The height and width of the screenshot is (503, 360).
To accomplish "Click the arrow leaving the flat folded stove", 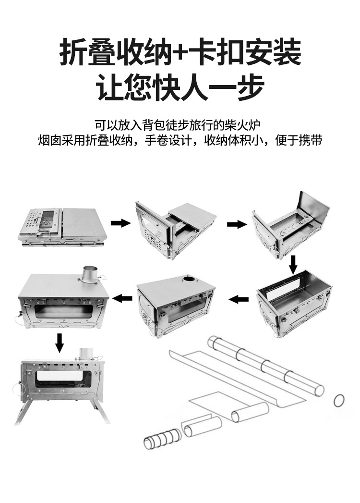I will click(120, 223).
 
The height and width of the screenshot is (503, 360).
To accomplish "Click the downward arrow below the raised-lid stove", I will click(293, 264).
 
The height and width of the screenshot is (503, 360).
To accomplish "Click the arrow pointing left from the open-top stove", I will click(238, 300).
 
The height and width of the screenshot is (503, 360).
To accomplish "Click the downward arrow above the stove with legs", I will click(59, 342).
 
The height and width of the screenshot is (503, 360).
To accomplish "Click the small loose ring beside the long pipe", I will click(339, 400).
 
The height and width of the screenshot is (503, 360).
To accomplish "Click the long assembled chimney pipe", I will click(265, 366).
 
